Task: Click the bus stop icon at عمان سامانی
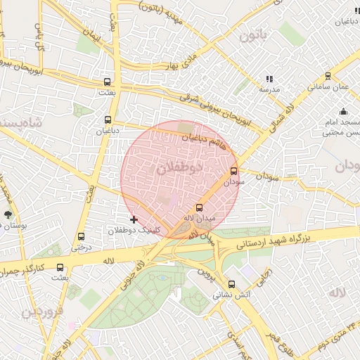[x=328, y=76]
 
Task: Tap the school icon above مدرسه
[x=269, y=79]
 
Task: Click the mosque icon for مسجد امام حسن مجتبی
[x=343, y=112]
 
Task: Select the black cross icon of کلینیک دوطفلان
[x=134, y=220]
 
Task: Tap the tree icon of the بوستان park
[x=8, y=215]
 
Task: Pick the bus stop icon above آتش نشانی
[x=232, y=284]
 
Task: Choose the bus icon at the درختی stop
[x=81, y=237]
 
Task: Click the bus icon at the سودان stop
[x=234, y=170]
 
